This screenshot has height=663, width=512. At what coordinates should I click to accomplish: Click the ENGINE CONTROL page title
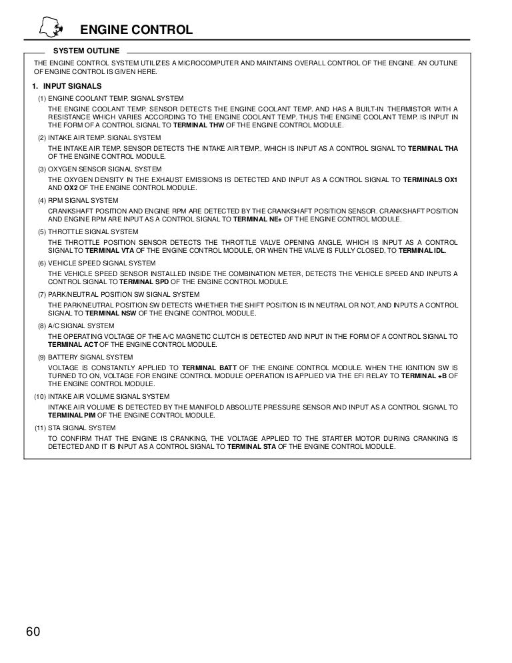tap(136, 30)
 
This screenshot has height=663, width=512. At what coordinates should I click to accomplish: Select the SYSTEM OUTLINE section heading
tap(86, 51)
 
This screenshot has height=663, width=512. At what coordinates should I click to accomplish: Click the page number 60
tap(34, 632)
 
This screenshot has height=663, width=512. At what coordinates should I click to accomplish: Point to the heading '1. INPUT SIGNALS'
tap(67, 87)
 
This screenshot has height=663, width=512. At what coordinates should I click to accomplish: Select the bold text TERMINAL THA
tap(433, 147)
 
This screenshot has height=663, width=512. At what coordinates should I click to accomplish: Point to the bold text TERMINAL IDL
tap(423, 250)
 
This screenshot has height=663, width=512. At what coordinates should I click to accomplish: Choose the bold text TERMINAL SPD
tap(147, 282)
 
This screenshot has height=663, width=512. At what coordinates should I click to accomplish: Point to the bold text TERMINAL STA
tap(251, 446)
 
